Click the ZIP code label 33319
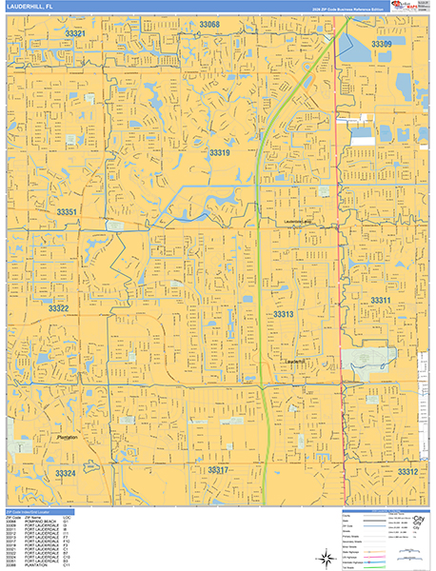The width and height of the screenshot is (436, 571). click(220, 152)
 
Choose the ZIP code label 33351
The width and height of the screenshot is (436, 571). click(67, 211)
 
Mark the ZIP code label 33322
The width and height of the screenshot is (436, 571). click(59, 308)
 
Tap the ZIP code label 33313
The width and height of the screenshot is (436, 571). click(284, 313)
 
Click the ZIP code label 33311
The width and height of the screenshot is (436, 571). click(381, 300)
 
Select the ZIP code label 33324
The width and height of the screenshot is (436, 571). click(65, 473)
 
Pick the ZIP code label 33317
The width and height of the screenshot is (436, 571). click(218, 470)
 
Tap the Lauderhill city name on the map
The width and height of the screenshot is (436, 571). click(296, 362)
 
